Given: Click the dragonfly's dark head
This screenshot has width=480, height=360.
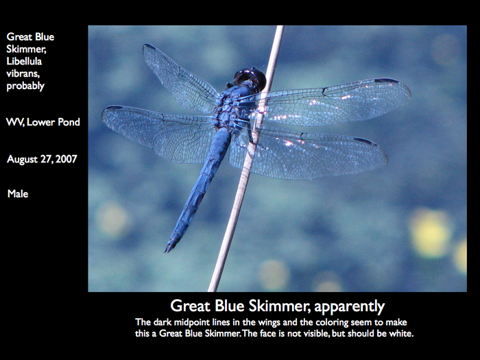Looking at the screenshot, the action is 250,80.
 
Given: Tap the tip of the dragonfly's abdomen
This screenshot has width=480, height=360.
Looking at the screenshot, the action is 166,251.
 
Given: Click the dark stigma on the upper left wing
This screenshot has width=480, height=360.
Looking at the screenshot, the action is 149,47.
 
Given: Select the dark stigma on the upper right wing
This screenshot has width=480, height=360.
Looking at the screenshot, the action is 386,81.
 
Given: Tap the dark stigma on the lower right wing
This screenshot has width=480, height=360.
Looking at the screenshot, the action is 365,141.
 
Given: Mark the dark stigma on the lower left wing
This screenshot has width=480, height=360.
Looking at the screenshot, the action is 114,108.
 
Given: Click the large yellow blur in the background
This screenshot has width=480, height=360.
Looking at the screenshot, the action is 430,232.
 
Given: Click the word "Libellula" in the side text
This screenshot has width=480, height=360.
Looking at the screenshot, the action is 24,61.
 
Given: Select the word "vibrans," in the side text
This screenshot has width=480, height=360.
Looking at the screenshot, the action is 23,73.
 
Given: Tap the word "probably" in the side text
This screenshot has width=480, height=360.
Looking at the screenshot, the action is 25,86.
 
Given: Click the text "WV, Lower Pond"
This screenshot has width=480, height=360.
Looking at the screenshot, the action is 43,122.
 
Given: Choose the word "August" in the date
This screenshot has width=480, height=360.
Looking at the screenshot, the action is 23,159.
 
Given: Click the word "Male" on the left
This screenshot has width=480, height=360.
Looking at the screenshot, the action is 18,194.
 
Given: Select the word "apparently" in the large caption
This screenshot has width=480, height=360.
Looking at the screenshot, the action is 349,307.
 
